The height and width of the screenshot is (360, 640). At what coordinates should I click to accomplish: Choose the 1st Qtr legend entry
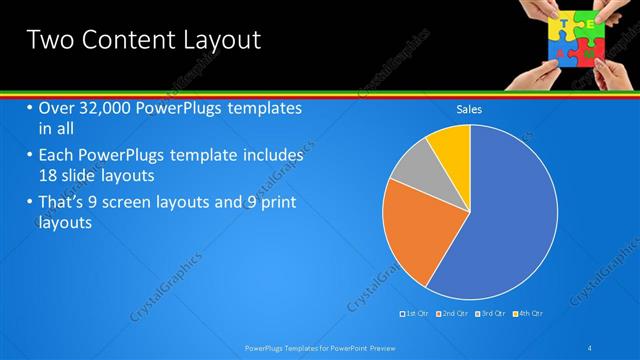click(x=416, y=314)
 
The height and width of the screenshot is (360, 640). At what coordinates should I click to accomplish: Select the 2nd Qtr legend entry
click(x=454, y=314)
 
